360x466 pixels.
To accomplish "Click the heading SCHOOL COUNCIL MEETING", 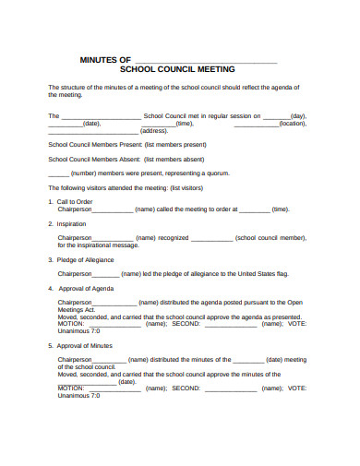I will point(178,69).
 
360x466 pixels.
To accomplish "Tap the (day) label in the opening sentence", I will point(298,116).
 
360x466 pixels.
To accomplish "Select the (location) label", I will point(293,124).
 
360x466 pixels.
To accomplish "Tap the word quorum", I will point(210,173).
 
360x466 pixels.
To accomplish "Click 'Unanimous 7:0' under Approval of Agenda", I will point(78,330).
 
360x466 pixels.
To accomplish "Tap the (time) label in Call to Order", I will point(281,209).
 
